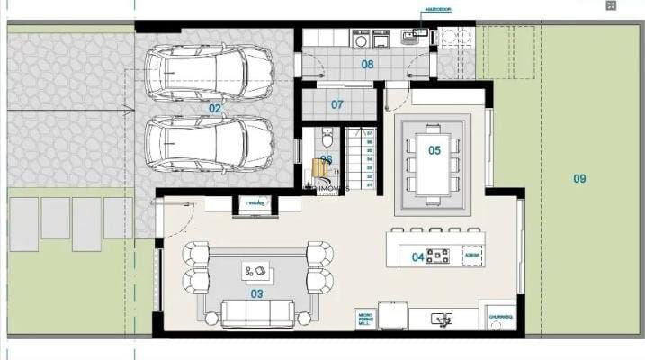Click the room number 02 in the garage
pos(214,108)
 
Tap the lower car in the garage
pos(209,144)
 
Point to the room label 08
pos(367,64)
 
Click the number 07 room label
pos(336,104)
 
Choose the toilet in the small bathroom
pos(327,139)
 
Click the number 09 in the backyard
pos(579,178)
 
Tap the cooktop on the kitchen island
pos(438,256)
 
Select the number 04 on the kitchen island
pos(417,256)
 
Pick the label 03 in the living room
pos(256,293)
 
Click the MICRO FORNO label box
pos(365,319)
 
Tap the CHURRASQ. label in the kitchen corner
pos(500,317)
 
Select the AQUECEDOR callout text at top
pos(437,12)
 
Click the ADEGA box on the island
pos(472,256)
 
